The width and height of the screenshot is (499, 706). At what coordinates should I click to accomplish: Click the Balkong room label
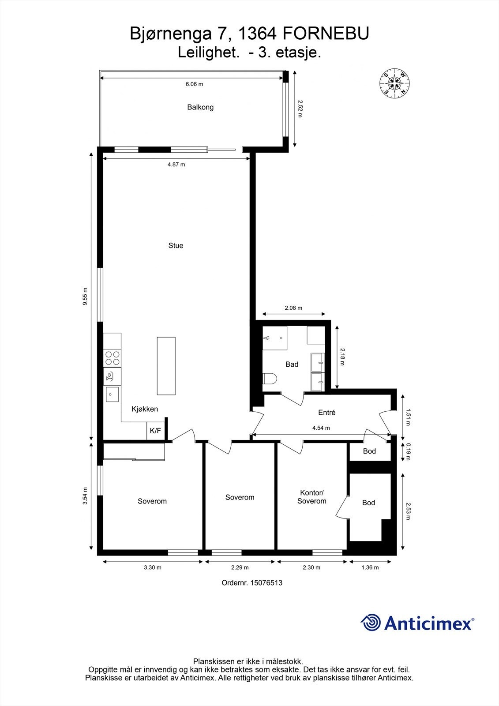[200, 107]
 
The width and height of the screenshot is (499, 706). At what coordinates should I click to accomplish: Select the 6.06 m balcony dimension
[194, 84]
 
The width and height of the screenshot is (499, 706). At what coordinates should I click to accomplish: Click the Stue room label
[176, 246]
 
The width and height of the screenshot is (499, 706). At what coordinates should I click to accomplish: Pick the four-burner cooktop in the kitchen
[112, 358]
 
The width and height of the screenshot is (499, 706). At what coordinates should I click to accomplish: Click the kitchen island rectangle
[166, 366]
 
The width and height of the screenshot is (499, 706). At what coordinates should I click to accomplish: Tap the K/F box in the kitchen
[155, 431]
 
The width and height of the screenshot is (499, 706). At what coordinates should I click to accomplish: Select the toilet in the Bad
[269, 379]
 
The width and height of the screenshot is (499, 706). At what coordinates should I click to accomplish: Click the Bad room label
[292, 364]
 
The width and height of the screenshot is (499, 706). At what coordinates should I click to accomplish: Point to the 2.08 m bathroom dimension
[293, 308]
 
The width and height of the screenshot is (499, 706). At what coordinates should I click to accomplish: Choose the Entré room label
[327, 413]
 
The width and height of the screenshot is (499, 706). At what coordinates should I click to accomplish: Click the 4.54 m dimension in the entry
[321, 428]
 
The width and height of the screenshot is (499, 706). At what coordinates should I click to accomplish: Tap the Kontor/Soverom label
[311, 497]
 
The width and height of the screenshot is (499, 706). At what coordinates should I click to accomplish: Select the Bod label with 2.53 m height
[368, 503]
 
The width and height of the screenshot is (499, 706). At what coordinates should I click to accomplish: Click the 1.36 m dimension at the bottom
[370, 567]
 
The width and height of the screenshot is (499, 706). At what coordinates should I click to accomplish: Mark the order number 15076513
[252, 582]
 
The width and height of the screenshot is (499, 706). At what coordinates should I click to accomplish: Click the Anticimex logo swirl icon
[371, 623]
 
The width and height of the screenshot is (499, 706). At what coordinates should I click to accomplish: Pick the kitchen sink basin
[112, 394]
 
